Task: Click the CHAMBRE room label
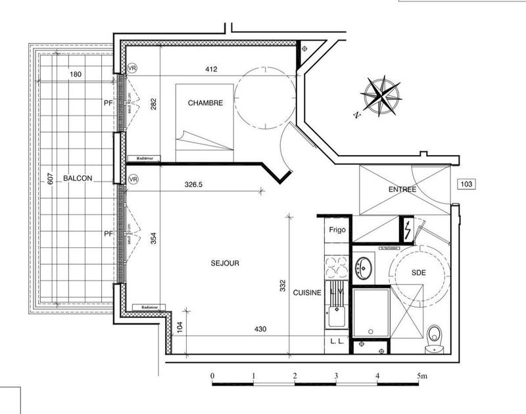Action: click(205, 103)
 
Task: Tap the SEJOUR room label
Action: click(225, 263)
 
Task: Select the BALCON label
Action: click(78, 178)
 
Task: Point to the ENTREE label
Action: click(402, 189)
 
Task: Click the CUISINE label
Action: click(307, 293)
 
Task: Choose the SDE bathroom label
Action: click(419, 272)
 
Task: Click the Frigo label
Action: click(337, 231)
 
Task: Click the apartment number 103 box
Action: click(467, 185)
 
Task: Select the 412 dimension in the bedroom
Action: click(210, 69)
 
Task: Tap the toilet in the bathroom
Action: click(435, 336)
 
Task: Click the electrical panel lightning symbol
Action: click(408, 229)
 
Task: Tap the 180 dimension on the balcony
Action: click(76, 74)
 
